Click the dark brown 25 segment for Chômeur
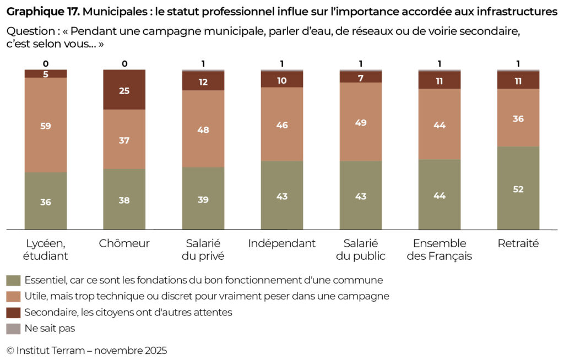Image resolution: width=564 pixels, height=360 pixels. [124, 90]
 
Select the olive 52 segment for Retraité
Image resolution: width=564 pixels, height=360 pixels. [518, 188]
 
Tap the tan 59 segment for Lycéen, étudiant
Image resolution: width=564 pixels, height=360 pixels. [46, 125]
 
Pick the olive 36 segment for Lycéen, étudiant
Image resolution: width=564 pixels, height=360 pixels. [46, 201]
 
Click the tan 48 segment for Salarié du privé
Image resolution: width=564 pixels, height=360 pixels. [203, 129]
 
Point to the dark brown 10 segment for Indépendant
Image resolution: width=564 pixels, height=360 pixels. [282, 80]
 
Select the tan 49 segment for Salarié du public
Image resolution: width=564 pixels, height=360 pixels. [361, 122]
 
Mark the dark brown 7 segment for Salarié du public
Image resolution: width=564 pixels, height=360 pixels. [361, 77]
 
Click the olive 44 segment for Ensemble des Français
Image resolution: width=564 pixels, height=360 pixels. [440, 195]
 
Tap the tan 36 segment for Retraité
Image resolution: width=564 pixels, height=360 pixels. [518, 118]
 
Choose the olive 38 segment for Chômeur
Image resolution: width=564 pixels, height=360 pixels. [124, 199]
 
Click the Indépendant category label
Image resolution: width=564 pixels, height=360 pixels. [282, 243]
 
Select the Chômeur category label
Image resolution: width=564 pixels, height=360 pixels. [124, 243]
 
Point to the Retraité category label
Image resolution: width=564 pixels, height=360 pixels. [518, 243]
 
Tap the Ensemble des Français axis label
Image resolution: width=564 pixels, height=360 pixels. [440, 249]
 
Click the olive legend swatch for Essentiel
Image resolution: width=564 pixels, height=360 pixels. [13, 280]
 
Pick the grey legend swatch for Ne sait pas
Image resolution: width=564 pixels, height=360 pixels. [13, 329]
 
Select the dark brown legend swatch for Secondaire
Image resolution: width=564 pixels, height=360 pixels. [13, 313]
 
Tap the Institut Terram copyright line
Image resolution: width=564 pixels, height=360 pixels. [86, 350]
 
